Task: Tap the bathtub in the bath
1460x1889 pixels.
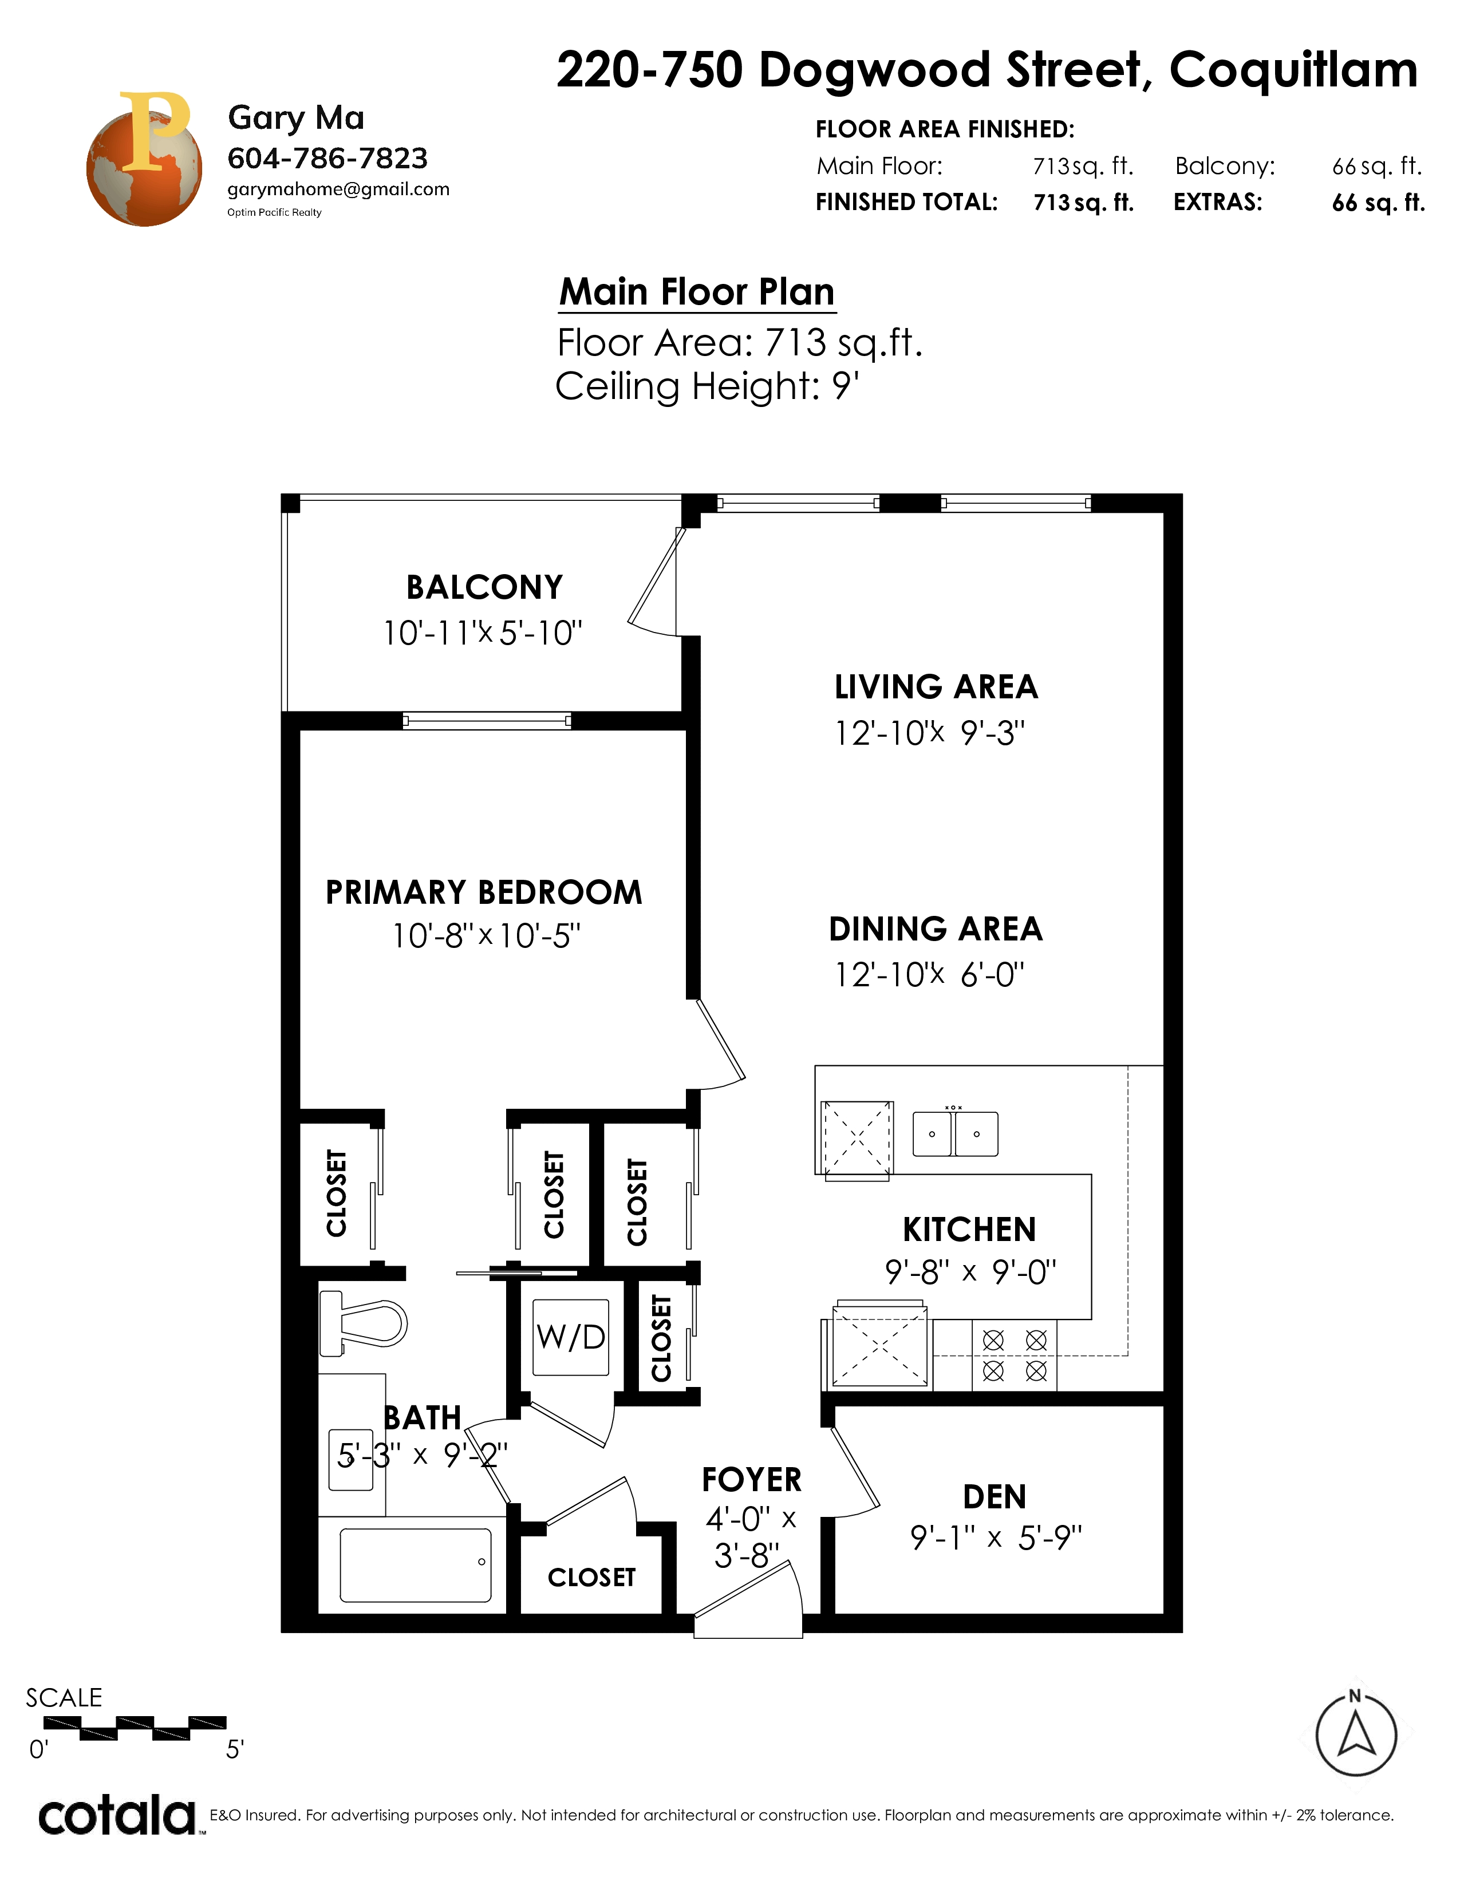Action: pyautogui.click(x=415, y=1564)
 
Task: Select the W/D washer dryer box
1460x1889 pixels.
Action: pyautogui.click(x=571, y=1337)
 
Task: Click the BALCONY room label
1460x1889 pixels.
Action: pyautogui.click(x=484, y=587)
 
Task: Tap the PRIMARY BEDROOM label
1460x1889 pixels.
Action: pyautogui.click(x=483, y=892)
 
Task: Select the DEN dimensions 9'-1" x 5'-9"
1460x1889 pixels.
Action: pyautogui.click(x=996, y=1538)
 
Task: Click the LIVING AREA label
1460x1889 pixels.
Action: pyautogui.click(x=936, y=687)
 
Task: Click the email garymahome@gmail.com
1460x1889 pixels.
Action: pyautogui.click(x=338, y=189)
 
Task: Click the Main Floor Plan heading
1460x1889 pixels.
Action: pyautogui.click(x=697, y=291)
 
